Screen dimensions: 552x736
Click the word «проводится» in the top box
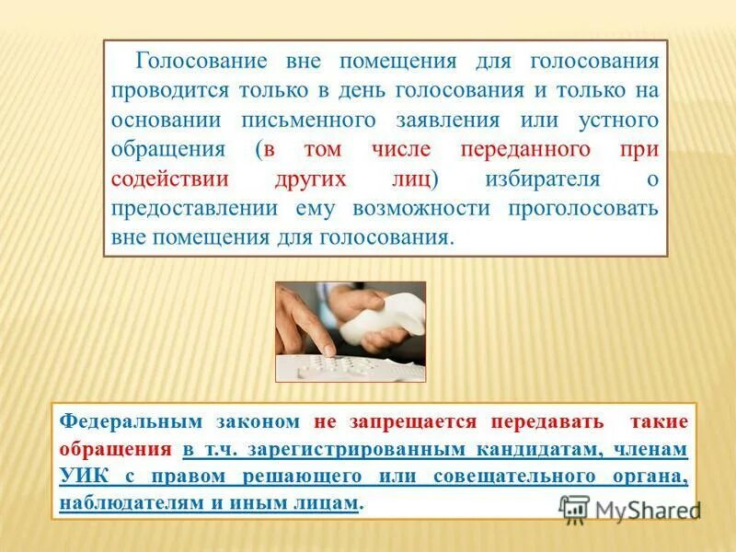click(171, 91)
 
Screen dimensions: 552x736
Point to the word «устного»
click(615, 121)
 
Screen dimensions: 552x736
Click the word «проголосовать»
click(583, 208)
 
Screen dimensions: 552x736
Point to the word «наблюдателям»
click(125, 505)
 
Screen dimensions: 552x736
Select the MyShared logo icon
click(574, 507)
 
